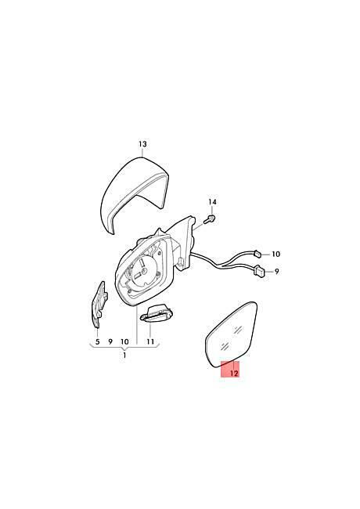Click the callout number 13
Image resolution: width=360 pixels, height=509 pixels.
[x=142, y=144]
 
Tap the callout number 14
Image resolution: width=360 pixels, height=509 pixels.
[x=212, y=202]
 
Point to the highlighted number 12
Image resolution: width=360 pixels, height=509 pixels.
[x=234, y=374]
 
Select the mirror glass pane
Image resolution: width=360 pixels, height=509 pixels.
[x=232, y=335]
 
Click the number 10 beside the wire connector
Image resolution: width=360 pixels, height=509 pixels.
[x=275, y=254]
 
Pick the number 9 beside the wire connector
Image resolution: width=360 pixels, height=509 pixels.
[x=276, y=271]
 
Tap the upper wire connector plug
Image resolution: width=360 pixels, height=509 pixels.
[x=257, y=253]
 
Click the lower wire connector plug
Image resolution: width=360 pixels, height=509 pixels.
[x=260, y=271]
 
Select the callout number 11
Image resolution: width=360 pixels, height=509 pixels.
[x=150, y=341]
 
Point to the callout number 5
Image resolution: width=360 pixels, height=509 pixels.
[x=98, y=341]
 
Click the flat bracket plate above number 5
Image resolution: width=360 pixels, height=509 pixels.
[x=99, y=304]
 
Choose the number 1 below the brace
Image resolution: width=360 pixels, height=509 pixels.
[x=124, y=356]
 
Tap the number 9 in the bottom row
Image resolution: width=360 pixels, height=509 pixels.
[x=110, y=341]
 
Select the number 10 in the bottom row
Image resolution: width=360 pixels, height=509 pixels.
[x=124, y=341]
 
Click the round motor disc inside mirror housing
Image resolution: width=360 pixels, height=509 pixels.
[x=144, y=269]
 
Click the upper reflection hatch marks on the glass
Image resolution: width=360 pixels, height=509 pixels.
[x=239, y=330]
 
